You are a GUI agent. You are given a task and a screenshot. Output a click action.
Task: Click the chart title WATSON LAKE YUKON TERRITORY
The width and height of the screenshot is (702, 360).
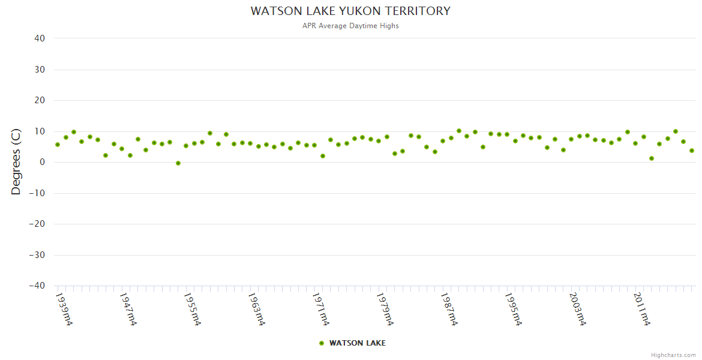(x=350, y=11)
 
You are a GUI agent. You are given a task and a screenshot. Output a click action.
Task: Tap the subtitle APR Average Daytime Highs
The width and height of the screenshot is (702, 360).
(x=350, y=26)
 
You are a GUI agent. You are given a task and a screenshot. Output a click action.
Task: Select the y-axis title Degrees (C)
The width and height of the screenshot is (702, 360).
(x=16, y=162)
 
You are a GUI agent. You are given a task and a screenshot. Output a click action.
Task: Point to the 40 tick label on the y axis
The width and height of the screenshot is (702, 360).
(x=40, y=38)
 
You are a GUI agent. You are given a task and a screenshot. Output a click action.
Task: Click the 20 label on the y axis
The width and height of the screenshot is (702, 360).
(x=40, y=100)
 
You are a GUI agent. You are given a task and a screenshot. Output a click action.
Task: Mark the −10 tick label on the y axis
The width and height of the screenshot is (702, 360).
(x=37, y=193)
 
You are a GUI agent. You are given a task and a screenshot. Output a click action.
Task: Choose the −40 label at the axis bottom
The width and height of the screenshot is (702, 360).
(x=37, y=286)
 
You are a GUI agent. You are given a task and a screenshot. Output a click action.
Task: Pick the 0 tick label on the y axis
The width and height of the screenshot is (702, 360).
(x=43, y=162)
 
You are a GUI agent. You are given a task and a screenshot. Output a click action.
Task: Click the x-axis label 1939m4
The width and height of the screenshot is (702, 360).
(x=64, y=309)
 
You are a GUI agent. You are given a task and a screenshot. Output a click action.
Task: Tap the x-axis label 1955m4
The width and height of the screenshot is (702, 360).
(x=192, y=309)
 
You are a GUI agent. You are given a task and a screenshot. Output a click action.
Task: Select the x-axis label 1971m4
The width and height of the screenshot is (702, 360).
(x=320, y=309)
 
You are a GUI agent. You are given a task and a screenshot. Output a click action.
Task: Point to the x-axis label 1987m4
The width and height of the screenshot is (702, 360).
(x=449, y=309)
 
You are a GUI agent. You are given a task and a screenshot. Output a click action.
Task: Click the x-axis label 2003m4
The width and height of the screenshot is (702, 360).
(x=577, y=309)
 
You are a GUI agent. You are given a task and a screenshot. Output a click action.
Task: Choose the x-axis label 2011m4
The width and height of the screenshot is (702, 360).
(x=641, y=309)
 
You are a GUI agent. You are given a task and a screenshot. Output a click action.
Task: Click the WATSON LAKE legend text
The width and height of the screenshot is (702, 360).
(x=358, y=343)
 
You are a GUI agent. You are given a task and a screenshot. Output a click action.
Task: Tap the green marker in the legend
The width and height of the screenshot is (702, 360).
(x=322, y=343)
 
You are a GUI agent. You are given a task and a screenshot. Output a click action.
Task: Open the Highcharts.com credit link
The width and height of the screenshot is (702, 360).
(x=673, y=355)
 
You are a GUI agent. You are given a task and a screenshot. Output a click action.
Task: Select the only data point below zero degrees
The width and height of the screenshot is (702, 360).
(x=178, y=163)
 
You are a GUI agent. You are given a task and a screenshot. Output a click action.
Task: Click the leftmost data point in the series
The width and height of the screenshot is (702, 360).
(x=58, y=145)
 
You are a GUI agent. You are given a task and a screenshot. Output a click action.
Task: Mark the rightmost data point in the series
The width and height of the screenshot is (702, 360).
(x=692, y=151)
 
